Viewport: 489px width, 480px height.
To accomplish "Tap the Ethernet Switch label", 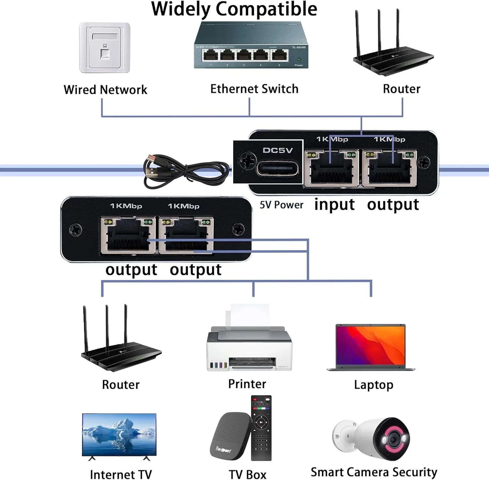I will [x=254, y=89].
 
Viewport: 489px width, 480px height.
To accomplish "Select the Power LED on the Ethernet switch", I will [x=299, y=60].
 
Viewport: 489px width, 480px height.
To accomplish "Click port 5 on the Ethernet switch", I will [x=280, y=56].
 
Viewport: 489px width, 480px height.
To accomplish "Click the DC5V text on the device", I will [x=278, y=150].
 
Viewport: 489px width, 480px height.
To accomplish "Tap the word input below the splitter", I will [x=334, y=205].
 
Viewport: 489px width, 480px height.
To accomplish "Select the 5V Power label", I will [x=281, y=205].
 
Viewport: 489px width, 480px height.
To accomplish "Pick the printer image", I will [x=249, y=343].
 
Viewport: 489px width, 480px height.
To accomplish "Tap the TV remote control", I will [x=261, y=428].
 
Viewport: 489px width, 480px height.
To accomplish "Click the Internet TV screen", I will [x=119, y=434].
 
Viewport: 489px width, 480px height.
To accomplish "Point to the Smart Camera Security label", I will [x=374, y=472].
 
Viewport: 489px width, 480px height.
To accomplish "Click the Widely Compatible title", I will [x=234, y=9].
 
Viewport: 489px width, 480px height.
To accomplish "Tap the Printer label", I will [x=247, y=384].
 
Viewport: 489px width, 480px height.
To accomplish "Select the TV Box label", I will [x=247, y=474].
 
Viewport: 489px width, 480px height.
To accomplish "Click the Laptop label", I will [x=374, y=385].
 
